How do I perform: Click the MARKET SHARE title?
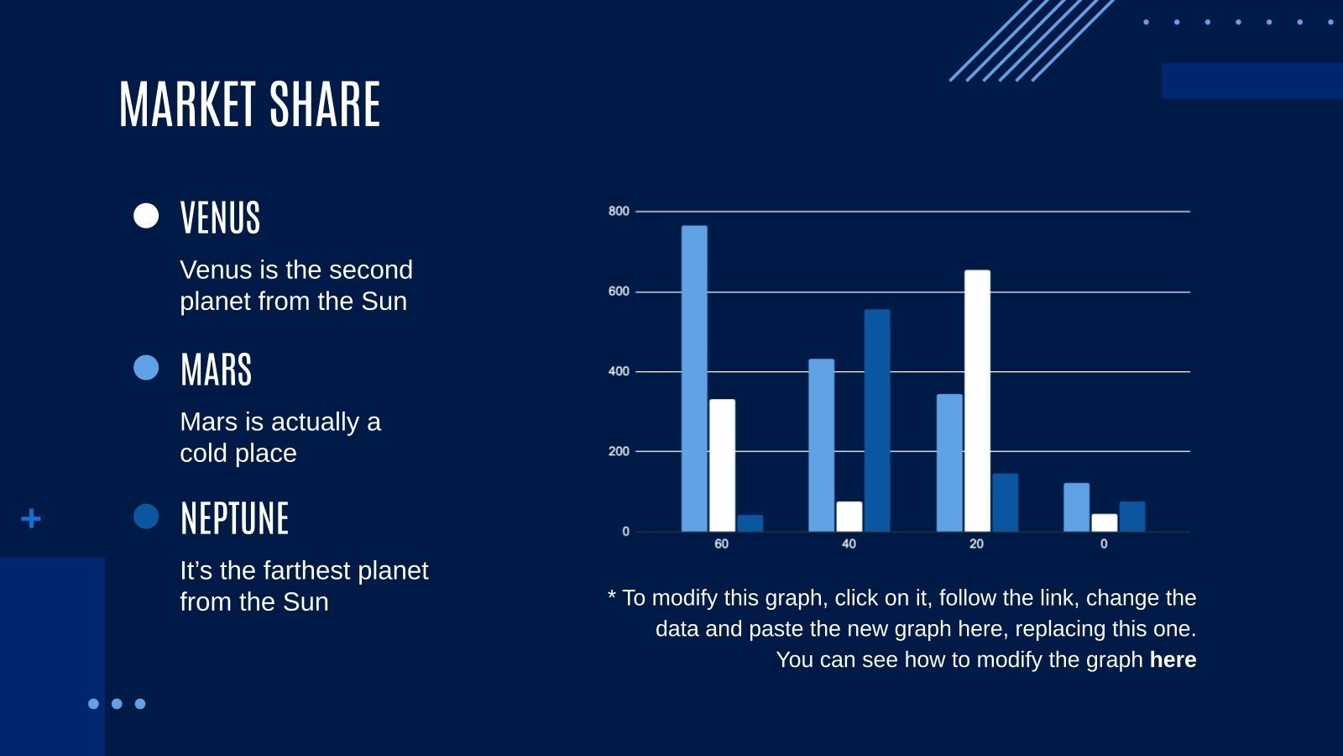tap(249, 104)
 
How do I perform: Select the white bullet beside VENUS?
tap(146, 215)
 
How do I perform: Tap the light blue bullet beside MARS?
tap(146, 367)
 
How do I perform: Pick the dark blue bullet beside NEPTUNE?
tap(146, 516)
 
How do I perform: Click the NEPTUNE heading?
tap(234, 518)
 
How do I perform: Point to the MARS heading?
tap(216, 370)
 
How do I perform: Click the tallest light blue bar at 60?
tap(694, 379)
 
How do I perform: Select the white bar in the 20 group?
tap(977, 401)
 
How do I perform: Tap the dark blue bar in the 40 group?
tap(877, 421)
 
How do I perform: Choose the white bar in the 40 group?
tap(849, 517)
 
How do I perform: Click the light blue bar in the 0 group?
tap(1077, 507)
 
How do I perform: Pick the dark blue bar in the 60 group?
tap(750, 523)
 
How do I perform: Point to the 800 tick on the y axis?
tap(619, 211)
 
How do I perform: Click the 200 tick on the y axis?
tap(619, 451)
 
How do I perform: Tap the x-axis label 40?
tap(849, 544)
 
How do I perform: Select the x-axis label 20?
tap(977, 544)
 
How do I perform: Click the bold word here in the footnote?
tap(1173, 659)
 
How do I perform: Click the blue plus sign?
tap(31, 518)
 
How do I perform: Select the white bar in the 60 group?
tap(723, 465)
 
